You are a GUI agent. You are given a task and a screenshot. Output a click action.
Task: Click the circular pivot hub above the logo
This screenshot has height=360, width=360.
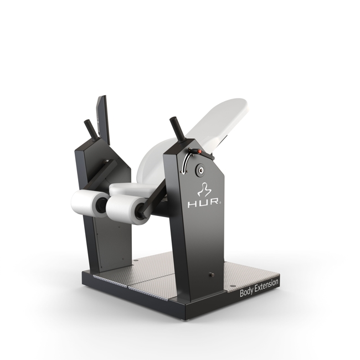point(201,170)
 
